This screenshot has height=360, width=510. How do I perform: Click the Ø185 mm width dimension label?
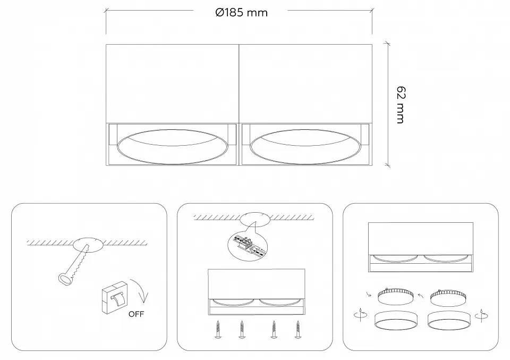pyautogui.click(x=241, y=13)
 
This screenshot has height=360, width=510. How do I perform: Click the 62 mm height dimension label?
pyautogui.click(x=401, y=105)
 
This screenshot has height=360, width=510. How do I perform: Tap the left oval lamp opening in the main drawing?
pyautogui.click(x=172, y=146)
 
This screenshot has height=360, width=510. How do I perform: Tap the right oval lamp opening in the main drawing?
pyautogui.click(x=305, y=146)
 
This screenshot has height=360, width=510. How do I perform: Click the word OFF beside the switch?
pyautogui.click(x=136, y=314)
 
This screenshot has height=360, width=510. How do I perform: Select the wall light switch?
pyautogui.click(x=115, y=297)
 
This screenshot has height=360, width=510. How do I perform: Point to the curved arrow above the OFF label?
pyautogui.click(x=140, y=290)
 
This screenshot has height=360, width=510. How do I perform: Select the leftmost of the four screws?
pyautogui.click(x=218, y=329)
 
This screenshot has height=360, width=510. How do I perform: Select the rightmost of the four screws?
pyautogui.click(x=297, y=329)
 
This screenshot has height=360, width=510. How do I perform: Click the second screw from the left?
pyautogui.click(x=242, y=329)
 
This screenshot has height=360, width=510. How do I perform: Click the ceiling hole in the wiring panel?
pyautogui.click(x=255, y=219)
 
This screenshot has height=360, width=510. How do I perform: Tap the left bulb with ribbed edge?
pyautogui.click(x=395, y=296)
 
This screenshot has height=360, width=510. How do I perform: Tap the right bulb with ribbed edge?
pyautogui.click(x=448, y=297)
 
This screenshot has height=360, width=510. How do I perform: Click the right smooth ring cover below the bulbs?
pyautogui.click(x=449, y=321)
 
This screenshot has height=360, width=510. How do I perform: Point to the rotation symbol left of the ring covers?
pyautogui.click(x=360, y=315)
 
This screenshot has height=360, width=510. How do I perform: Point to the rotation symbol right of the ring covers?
pyautogui.click(x=482, y=315)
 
